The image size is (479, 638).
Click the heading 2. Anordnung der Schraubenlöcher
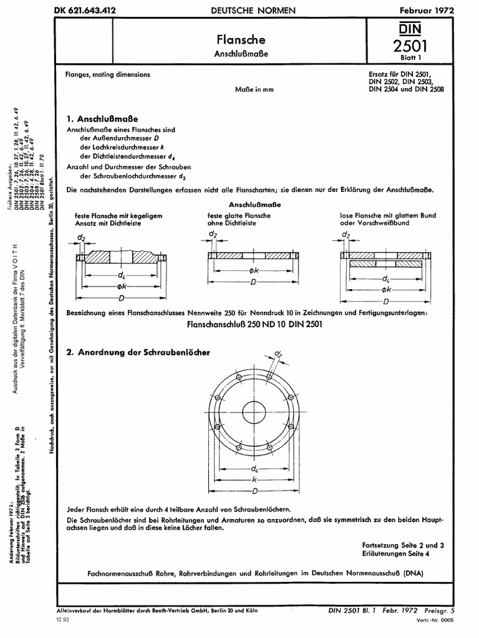138,353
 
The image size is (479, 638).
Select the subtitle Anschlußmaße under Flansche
241,54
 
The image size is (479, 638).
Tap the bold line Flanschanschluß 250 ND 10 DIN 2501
255,324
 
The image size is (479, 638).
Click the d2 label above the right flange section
345,235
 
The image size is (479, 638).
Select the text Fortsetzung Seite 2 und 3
403,545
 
